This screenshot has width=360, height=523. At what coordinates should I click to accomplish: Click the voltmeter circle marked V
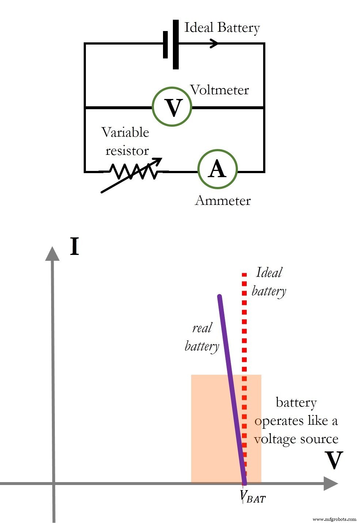point(172,107)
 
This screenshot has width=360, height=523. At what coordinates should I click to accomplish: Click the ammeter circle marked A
point(217,169)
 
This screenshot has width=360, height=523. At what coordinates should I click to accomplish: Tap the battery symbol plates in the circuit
point(171,44)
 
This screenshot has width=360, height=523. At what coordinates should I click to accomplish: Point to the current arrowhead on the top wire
point(214,43)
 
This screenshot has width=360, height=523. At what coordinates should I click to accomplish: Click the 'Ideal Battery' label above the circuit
point(222,28)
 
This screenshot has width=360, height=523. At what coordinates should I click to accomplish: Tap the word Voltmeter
point(219,90)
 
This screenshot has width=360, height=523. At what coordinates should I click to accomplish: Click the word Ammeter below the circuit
point(223,201)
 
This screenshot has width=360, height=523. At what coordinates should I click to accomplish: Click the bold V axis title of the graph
point(334,461)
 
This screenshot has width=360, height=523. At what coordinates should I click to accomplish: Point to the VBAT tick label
point(253,497)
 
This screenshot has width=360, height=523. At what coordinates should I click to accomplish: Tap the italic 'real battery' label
point(202,337)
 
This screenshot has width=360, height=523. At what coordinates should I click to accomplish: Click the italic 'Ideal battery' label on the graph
point(269,282)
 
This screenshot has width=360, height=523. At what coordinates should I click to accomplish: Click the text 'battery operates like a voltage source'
point(296,421)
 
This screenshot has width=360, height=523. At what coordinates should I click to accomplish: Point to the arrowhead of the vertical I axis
point(52,253)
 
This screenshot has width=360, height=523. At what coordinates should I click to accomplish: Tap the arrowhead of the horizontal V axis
point(330,484)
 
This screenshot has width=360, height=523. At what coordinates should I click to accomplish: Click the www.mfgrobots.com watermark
point(334,519)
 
